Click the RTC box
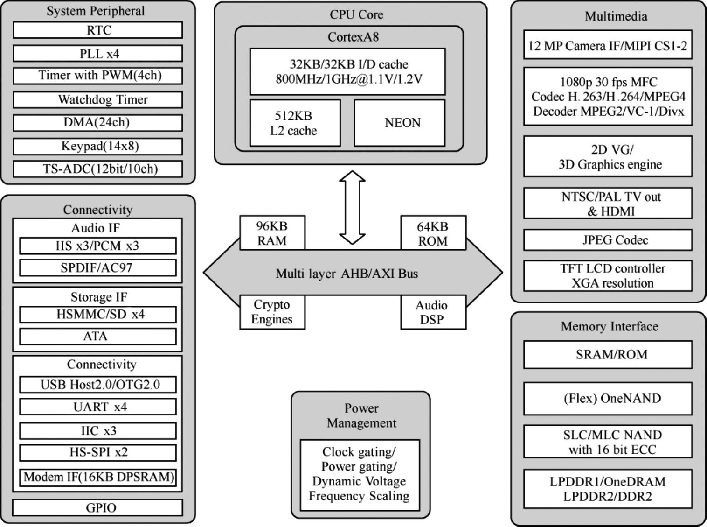click(97, 30)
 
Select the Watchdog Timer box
click(97, 99)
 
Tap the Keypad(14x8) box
click(97, 146)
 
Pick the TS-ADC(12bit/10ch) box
click(97, 169)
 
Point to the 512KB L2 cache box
click(295, 123)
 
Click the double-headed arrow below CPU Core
click(352, 207)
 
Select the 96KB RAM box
click(272, 233)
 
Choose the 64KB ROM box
click(433, 233)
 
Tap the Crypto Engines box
click(272, 312)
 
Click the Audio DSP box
click(433, 312)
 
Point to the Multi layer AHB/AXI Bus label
click(347, 273)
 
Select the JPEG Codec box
click(608, 240)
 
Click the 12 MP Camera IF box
click(608, 45)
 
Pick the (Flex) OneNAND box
click(608, 398)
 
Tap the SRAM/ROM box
click(608, 354)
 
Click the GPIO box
click(97, 507)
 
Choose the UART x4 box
click(98, 407)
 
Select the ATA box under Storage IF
click(98, 336)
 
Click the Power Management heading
click(361, 415)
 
